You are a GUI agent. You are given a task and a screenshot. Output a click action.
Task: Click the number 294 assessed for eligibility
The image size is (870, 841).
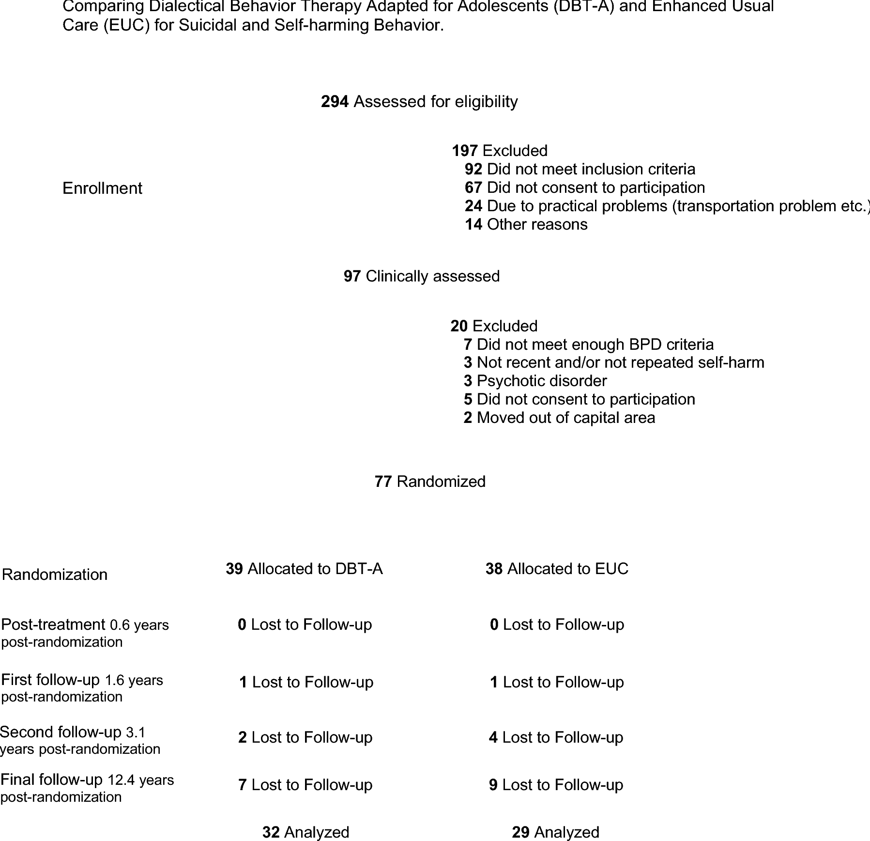(x=335, y=102)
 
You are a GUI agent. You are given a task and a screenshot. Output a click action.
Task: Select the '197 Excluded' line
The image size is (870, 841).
(x=500, y=151)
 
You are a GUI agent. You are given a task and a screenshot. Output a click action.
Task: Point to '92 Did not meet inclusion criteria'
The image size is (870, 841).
(x=580, y=169)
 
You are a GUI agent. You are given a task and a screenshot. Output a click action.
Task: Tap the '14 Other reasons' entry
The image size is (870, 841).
(x=526, y=224)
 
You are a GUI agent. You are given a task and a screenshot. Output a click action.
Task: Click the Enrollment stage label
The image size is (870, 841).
(x=102, y=188)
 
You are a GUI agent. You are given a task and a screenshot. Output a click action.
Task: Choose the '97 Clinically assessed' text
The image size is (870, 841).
(x=421, y=276)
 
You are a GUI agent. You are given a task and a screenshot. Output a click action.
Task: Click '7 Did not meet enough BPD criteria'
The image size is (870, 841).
(x=588, y=344)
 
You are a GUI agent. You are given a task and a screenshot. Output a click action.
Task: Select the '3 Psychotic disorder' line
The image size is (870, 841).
(x=535, y=381)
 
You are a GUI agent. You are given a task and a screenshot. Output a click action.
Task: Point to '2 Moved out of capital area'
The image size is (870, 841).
(x=559, y=418)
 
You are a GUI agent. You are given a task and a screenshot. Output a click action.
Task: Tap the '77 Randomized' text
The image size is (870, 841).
(x=430, y=482)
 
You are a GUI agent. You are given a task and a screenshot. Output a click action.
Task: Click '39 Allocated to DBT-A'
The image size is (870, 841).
(x=304, y=569)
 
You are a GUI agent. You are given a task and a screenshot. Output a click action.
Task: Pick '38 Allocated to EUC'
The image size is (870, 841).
(x=557, y=569)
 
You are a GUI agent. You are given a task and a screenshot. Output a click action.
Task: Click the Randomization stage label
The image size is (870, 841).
(x=55, y=575)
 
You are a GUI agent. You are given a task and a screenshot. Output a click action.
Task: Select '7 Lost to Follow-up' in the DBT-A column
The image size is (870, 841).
(x=305, y=785)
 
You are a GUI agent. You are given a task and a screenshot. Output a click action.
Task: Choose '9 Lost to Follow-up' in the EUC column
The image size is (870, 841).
(x=556, y=785)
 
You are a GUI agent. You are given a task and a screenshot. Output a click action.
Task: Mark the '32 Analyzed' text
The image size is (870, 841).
(x=305, y=832)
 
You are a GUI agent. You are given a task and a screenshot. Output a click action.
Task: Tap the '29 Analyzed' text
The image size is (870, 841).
(x=555, y=832)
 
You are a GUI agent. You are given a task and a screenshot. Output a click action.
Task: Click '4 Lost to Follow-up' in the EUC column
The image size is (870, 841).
(x=556, y=737)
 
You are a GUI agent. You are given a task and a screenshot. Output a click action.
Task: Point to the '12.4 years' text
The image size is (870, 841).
(x=140, y=780)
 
